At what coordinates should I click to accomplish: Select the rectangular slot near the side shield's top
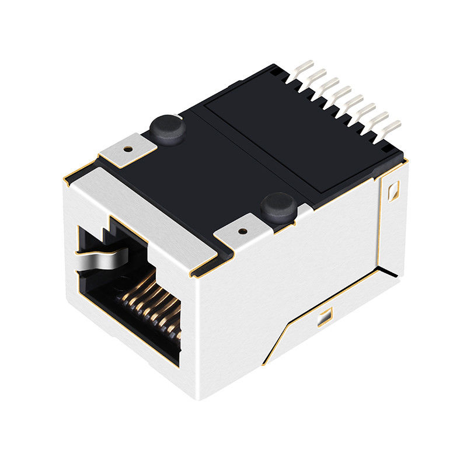tap(392, 189)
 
